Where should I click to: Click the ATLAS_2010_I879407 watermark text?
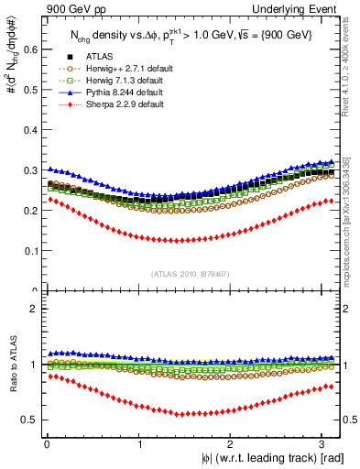(191, 272)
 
